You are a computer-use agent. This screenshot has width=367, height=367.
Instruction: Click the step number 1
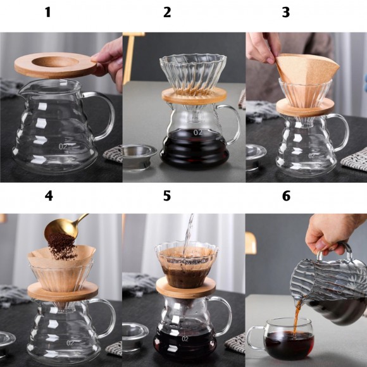pyautogui.click(x=47, y=12)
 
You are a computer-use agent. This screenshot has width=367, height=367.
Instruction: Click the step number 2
pyautogui.click(x=167, y=12)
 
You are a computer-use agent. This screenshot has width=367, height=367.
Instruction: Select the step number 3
pyautogui.click(x=286, y=12)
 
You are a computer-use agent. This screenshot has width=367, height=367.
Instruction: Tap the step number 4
pyautogui.click(x=49, y=196)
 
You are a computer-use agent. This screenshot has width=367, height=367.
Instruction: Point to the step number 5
pyautogui.click(x=167, y=196)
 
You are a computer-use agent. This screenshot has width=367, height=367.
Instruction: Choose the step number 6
pyautogui.click(x=286, y=196)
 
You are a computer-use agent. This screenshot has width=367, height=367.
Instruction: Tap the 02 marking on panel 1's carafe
pyautogui.click(x=63, y=147)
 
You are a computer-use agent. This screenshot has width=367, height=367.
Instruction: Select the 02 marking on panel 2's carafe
pyautogui.click(x=198, y=132)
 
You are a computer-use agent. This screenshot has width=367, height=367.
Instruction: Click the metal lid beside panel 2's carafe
pyautogui.click(x=139, y=155)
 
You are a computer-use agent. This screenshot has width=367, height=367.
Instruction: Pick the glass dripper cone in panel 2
pyautogui.click(x=193, y=73)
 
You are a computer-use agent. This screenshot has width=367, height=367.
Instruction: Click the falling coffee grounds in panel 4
pyautogui.click(x=62, y=246)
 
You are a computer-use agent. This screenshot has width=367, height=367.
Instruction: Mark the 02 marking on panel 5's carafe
pyautogui.click(x=185, y=339)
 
